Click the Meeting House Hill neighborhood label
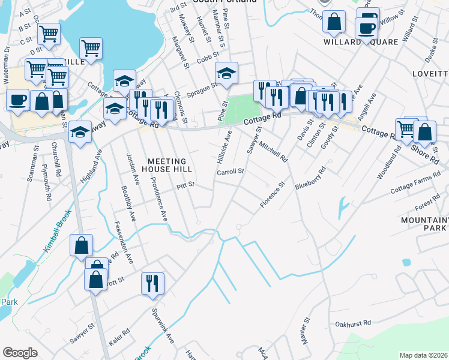[x=167, y=165]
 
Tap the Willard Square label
[x=361, y=42]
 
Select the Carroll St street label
[x=231, y=172]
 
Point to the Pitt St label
[x=187, y=186]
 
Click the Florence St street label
[x=271, y=196]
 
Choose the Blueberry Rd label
[x=310, y=179]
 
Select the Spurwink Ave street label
[x=163, y=326]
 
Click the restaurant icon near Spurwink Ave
[x=152, y=283]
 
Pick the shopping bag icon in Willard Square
[x=333, y=22]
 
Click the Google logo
[x=20, y=353]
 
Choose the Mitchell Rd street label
[x=274, y=152]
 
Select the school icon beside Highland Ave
[x=80, y=132]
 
